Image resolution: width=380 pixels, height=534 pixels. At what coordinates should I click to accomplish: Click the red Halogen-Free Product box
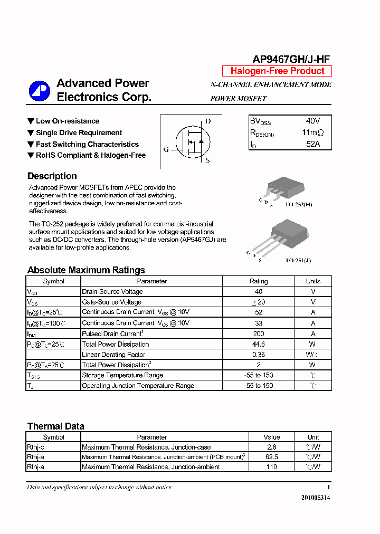tap(277, 71)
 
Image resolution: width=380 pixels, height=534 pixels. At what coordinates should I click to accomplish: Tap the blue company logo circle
tap(40, 91)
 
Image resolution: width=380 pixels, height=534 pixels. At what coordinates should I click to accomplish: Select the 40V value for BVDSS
tap(313, 121)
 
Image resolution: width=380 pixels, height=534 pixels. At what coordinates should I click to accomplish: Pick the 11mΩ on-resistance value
tap(313, 132)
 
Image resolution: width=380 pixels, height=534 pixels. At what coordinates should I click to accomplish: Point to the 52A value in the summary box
tap(313, 144)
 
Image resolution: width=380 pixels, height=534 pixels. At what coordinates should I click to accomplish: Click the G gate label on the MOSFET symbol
tap(166, 149)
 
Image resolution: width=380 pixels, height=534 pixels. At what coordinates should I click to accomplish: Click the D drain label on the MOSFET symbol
tap(208, 121)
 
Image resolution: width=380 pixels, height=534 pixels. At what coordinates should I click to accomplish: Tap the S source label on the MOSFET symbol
tap(208, 160)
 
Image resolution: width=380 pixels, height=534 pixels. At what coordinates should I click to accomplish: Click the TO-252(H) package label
tap(298, 204)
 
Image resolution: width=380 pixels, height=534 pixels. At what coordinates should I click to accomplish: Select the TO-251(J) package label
tap(298, 260)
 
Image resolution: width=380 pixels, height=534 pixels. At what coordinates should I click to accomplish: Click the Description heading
tap(52, 176)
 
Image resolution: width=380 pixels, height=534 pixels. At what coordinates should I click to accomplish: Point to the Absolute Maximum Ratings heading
tap(86, 270)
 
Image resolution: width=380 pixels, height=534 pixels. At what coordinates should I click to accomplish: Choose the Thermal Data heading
tap(56, 426)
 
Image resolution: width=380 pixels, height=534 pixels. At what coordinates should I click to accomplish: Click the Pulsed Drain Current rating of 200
tap(259, 333)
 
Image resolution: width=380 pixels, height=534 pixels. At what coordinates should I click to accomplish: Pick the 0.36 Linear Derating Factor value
tap(259, 355)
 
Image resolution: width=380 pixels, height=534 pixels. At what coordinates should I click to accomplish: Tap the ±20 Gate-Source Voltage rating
tap(259, 302)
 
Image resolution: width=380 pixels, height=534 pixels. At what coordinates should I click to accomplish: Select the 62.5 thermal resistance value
tap(272, 457)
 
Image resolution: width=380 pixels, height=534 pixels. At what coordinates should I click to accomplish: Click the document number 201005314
tap(316, 498)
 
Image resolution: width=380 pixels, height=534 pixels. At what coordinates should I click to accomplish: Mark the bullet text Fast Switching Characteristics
tap(87, 144)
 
